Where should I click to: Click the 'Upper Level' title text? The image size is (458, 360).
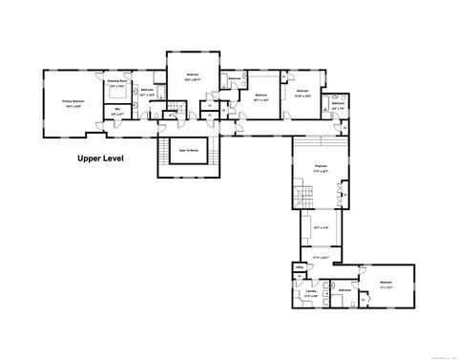[101, 159]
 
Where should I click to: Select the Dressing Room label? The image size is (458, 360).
[118, 83]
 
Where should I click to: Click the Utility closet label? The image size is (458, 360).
[299, 267]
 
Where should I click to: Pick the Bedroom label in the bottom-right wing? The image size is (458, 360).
[385, 283]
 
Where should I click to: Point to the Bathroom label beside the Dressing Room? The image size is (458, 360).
[147, 93]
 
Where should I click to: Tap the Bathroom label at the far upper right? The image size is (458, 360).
[338, 103]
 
